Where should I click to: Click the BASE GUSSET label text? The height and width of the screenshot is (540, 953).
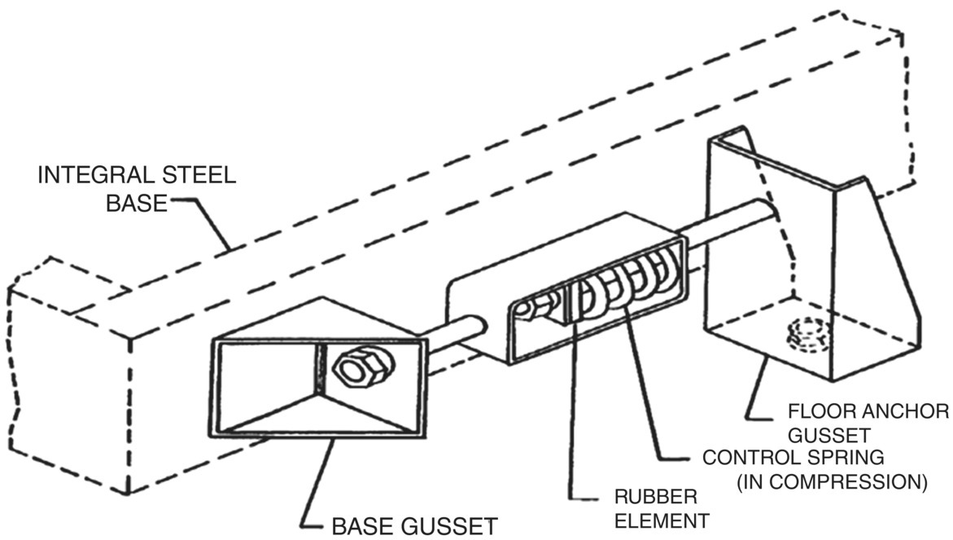coord(413,525)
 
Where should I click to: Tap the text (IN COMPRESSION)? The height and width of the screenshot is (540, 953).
coord(831,482)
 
